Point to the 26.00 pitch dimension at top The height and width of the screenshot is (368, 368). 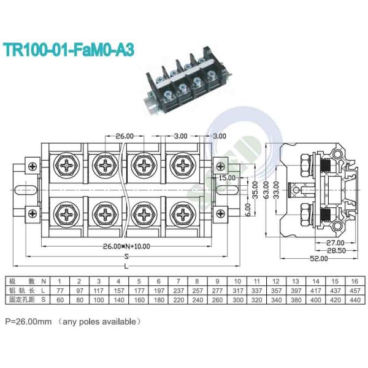point(125,136)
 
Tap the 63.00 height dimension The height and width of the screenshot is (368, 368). point(265,190)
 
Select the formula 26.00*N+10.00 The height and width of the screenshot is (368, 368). point(126,246)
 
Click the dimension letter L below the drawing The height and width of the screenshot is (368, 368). point(126,267)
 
